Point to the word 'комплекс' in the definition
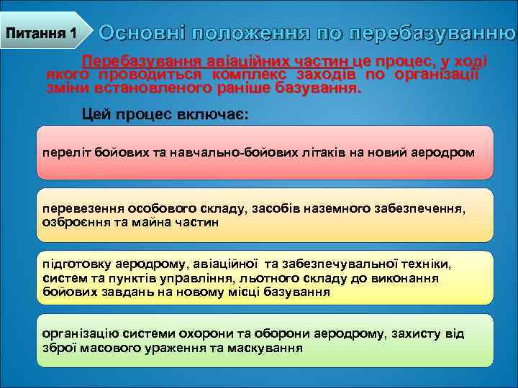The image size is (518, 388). pos(245,75)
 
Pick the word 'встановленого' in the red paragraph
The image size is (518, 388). pos(134,88)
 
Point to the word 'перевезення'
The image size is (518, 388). pos(83,208)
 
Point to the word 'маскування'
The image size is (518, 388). pos(268,347)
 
